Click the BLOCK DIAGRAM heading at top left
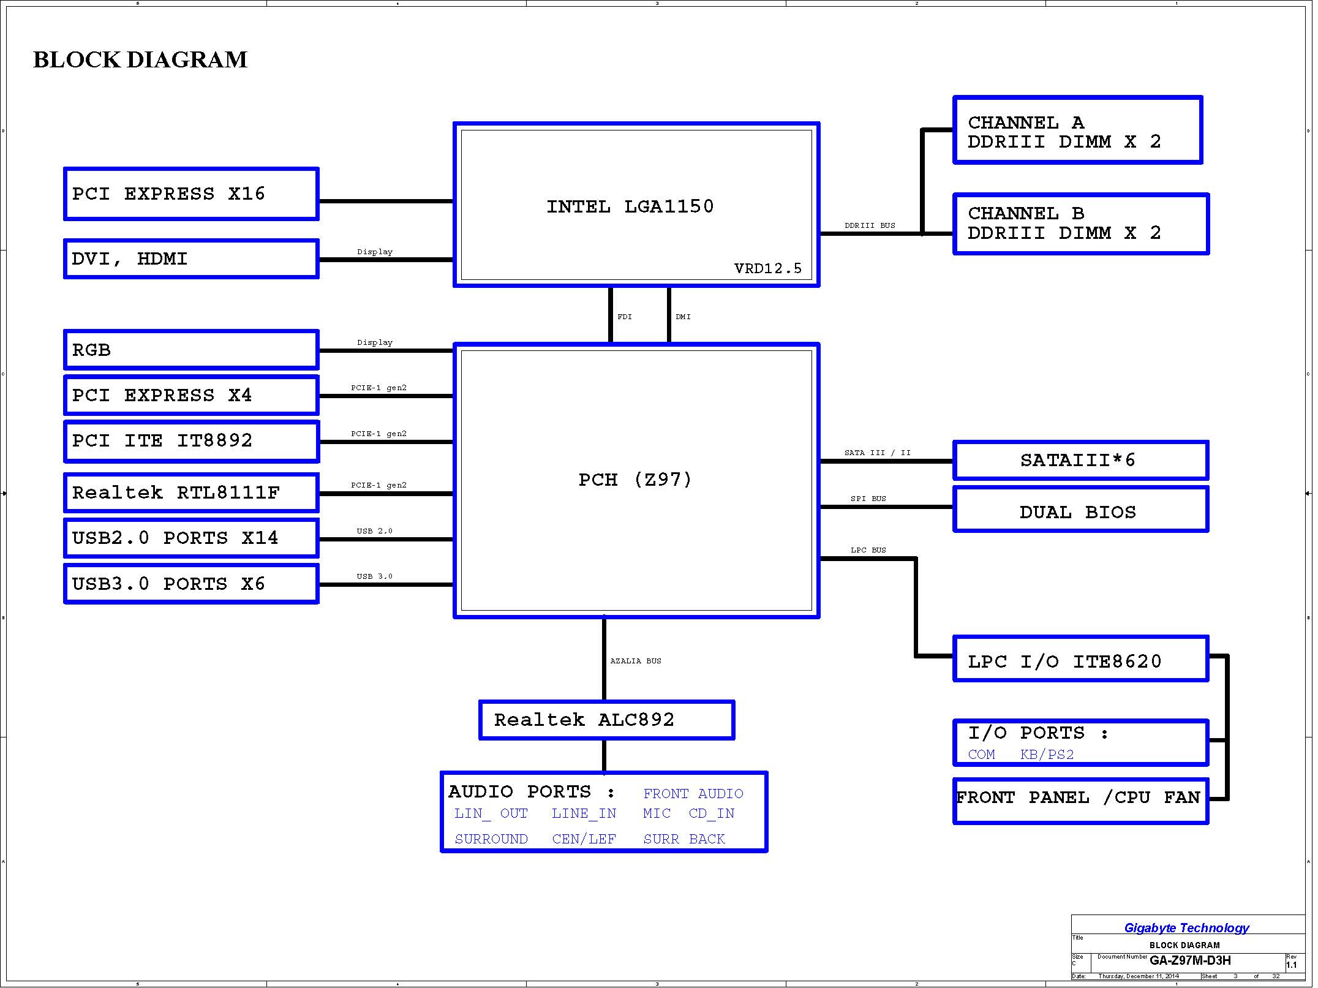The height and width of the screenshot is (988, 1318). tap(140, 60)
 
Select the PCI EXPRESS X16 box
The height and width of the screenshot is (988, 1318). tap(191, 194)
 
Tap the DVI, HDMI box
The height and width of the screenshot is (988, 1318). tap(191, 258)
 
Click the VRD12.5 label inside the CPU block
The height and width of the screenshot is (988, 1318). tap(768, 268)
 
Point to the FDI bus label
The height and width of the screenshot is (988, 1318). tap(625, 317)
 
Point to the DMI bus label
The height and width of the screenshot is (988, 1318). tap(683, 317)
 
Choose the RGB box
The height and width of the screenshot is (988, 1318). tap(191, 350)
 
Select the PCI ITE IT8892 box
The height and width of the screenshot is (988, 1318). tap(191, 441)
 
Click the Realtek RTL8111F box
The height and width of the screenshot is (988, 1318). tap(191, 492)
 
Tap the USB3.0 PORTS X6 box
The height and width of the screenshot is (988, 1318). tap(191, 584)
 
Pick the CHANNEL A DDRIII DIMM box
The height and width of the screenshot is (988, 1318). tap(1078, 130)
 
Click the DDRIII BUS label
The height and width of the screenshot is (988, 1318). tap(870, 225)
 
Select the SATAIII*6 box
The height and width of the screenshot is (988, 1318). tap(1081, 460)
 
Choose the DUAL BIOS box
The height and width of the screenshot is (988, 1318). tap(1081, 510)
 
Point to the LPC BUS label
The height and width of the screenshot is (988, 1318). tap(868, 550)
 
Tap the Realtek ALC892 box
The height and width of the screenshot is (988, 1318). tap(607, 720)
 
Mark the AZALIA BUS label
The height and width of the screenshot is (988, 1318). tap(636, 661)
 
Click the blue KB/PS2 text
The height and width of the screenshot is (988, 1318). tap(1047, 755)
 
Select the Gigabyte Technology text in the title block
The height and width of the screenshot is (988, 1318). tap(1187, 928)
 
